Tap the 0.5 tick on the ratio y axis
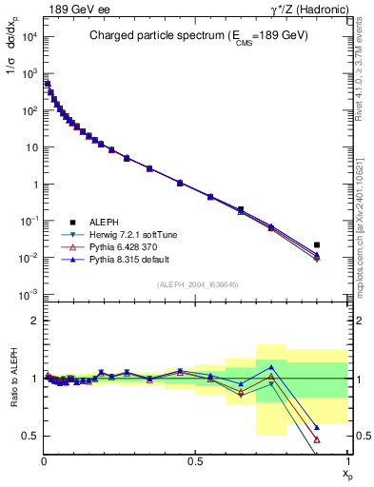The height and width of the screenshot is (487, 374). point(32,436)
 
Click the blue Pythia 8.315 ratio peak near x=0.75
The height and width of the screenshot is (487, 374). point(271,366)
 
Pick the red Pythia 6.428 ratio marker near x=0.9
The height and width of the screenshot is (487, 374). point(317,439)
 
